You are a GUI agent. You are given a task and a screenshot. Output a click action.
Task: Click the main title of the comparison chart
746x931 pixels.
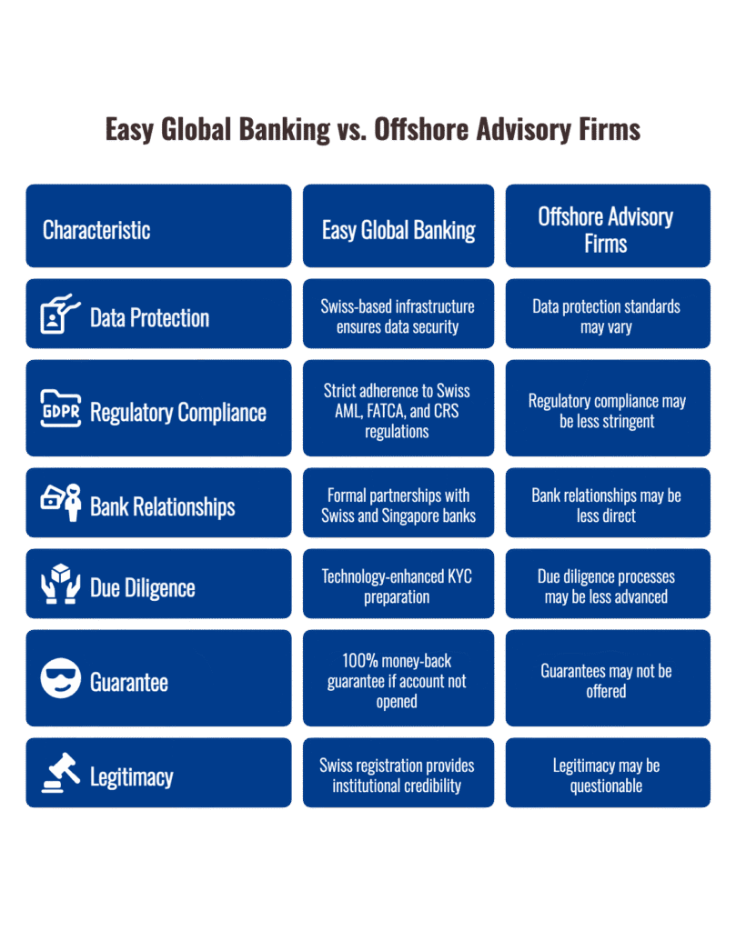[372, 130]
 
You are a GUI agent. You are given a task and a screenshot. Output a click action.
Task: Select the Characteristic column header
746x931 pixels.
[96, 230]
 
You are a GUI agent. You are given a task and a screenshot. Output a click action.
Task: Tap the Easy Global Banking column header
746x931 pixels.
[398, 230]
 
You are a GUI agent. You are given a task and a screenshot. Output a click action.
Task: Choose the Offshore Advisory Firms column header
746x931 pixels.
[606, 230]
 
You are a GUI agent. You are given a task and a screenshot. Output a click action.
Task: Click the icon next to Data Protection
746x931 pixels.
[60, 315]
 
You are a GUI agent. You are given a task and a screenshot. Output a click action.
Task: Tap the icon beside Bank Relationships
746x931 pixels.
[61, 503]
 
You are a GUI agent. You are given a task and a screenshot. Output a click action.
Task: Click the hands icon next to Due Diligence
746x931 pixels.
[61, 586]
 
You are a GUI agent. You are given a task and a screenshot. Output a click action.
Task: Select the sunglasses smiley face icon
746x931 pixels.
[61, 679]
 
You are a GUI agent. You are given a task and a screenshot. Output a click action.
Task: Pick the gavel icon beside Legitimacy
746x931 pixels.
[61, 774]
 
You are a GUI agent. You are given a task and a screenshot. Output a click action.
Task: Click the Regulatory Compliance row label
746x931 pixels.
[178, 412]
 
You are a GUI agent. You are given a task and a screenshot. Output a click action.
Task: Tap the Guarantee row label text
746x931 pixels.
[129, 682]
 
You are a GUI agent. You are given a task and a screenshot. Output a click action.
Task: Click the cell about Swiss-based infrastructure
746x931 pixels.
[398, 316]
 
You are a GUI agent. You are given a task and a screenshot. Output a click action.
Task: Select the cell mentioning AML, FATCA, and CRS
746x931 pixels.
[398, 410]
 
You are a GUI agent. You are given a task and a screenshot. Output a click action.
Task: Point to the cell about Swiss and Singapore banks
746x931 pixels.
[398, 506]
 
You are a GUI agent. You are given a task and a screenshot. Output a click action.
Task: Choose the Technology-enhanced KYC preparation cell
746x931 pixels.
[398, 586]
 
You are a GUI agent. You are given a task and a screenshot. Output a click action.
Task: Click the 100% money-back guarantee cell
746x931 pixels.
[398, 681]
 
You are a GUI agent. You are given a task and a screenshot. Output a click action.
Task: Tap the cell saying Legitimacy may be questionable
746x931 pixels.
[607, 776]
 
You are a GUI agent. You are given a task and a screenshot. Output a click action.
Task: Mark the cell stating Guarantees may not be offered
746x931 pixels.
[607, 681]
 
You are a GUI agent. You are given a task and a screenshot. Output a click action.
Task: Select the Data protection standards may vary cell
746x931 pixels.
[607, 316]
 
